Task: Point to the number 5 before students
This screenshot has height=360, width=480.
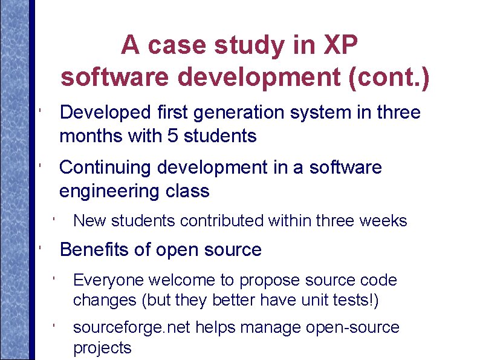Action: (173, 136)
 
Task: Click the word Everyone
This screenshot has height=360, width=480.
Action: (108, 280)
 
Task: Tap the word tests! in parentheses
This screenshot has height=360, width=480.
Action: (358, 299)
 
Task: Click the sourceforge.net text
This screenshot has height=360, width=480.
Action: (131, 328)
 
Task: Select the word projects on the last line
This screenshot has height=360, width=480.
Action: (102, 348)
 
